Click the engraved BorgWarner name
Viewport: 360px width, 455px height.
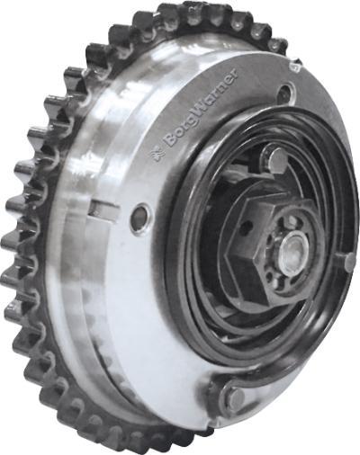pos(201,109)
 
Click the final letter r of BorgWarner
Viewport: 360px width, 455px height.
pos(234,74)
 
